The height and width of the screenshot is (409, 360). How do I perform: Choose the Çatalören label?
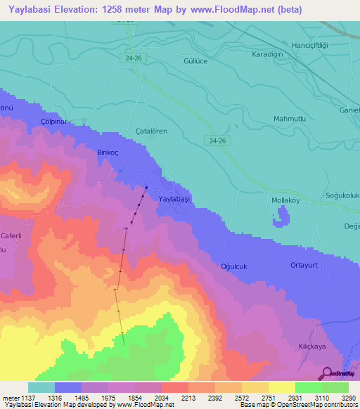(x=151, y=131)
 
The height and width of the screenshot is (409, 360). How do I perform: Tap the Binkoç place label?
(x=110, y=152)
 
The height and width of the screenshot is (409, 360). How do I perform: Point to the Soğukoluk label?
(x=342, y=195)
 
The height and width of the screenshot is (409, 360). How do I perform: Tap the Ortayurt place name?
(x=305, y=265)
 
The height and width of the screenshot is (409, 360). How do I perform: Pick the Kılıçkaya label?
(x=313, y=347)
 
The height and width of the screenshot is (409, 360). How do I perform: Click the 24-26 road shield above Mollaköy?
(x=217, y=141)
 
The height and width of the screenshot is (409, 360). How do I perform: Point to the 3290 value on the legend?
(x=347, y=398)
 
